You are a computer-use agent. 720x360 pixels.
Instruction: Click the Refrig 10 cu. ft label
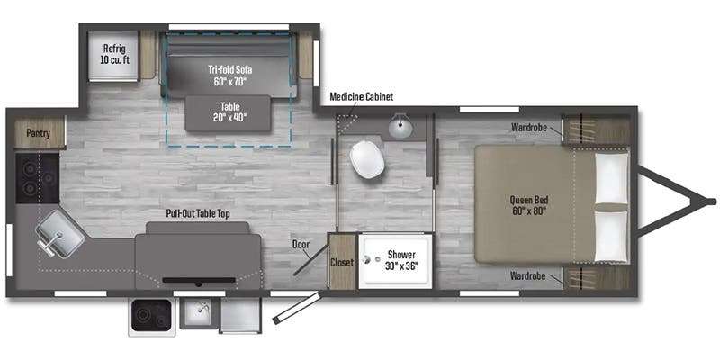pos(113,54)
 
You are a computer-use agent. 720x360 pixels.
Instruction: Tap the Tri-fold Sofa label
pos(228,76)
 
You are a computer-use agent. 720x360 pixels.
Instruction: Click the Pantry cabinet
pos(39,132)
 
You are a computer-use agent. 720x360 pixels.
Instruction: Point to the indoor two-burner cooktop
pos(38,177)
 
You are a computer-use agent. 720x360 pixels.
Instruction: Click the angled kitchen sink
pos(59,233)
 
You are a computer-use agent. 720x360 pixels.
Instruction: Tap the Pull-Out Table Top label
pos(198,214)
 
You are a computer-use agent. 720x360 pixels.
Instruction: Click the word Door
pos(301,244)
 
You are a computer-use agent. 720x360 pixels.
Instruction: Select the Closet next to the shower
pos(343,261)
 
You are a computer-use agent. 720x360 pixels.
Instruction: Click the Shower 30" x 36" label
pos(401,260)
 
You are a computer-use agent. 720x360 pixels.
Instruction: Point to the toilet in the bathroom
pos(367,159)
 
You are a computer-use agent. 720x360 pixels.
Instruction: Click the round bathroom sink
pos(400,126)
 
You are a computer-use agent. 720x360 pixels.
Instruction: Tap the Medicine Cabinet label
pos(362,97)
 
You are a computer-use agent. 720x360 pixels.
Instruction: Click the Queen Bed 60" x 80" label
pos(529,206)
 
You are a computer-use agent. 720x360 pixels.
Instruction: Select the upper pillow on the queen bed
pos(612,177)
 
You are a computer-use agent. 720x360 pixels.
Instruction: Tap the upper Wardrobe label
pos(529,128)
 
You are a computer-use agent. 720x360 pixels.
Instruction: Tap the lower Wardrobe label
pos(528,276)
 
